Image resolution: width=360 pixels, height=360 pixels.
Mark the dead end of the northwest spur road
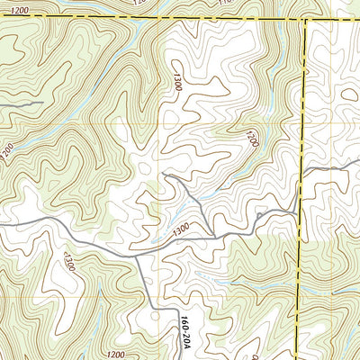tap(166, 175)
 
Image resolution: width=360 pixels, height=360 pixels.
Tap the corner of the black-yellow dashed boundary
tap(306, 18)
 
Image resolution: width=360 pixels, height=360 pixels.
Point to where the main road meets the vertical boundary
tap(299, 211)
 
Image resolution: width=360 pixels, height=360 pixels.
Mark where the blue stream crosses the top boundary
tap(135, 17)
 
